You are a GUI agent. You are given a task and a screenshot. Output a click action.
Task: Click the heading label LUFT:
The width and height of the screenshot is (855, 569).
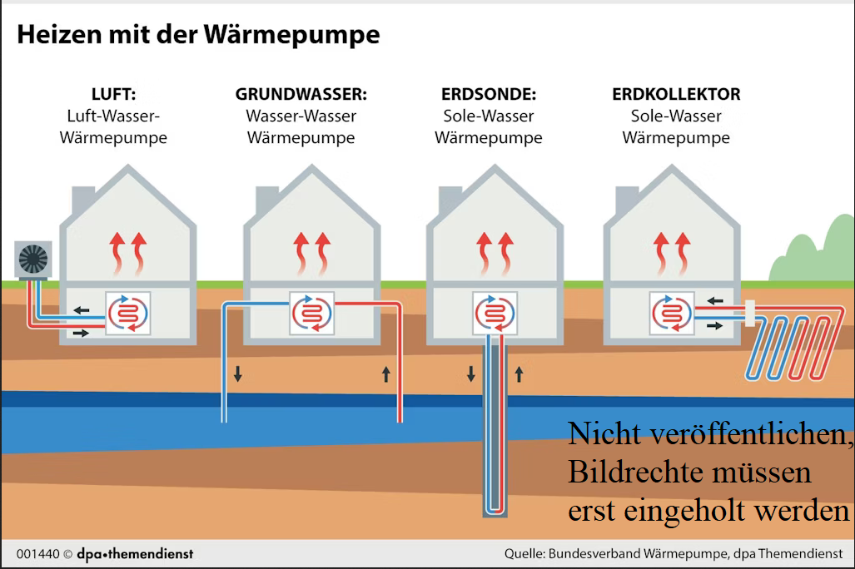pyautogui.click(x=113, y=95)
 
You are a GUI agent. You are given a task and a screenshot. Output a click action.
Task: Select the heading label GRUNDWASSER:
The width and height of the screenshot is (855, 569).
pyautogui.click(x=301, y=95)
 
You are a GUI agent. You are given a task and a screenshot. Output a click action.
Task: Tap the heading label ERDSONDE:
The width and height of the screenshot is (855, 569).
pyautogui.click(x=488, y=95)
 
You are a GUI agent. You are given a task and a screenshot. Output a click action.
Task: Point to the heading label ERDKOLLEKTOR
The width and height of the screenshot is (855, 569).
pyautogui.click(x=676, y=95)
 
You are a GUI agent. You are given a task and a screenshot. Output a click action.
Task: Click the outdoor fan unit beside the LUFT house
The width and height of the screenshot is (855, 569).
pyautogui.click(x=33, y=260)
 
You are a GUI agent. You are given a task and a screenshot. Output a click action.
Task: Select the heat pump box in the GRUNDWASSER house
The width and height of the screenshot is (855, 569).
pyautogui.click(x=311, y=313)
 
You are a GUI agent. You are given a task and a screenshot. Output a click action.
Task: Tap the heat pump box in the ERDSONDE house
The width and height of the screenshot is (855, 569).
pyautogui.click(x=495, y=313)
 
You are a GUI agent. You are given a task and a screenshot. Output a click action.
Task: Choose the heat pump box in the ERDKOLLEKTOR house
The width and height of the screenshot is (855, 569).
pyautogui.click(x=674, y=313)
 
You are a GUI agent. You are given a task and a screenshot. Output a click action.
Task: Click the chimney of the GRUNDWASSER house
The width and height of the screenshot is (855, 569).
pyautogui.click(x=266, y=200)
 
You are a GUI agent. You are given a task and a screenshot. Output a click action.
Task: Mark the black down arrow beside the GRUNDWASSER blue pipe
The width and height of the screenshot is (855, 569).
pyautogui.click(x=238, y=374)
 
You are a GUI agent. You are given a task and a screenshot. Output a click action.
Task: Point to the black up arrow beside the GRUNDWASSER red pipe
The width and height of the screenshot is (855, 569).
pyautogui.click(x=386, y=374)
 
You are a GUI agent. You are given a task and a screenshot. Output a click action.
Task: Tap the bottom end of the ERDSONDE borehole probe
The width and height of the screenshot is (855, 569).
pyautogui.click(x=495, y=509)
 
